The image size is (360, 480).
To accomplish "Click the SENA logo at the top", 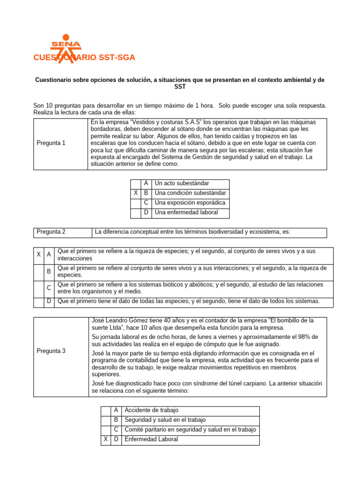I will click(66, 45).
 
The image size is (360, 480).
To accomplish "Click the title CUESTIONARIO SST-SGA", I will click(84, 58).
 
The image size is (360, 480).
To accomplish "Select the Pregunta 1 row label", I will click(51, 143).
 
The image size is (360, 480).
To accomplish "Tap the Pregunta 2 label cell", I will click(51, 232).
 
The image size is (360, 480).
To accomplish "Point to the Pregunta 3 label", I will click(51, 351).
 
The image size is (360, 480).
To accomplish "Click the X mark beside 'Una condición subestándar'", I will click(135, 193).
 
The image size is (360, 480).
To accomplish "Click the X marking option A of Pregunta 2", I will click(38, 255).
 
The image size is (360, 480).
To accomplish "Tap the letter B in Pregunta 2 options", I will click(49, 271).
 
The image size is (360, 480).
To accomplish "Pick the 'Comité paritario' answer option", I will click(190, 430).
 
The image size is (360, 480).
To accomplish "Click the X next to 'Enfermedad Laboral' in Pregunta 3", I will click(105, 440).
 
